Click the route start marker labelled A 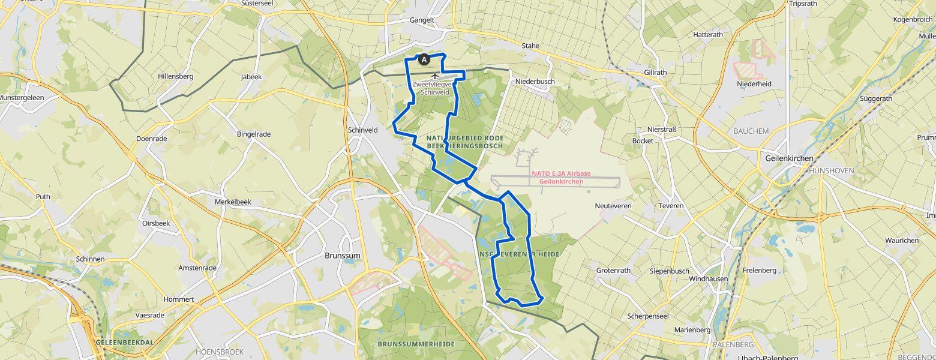click(424, 59)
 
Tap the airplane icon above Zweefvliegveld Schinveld click(436, 75)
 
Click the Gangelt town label click(421, 20)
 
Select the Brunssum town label click(342, 255)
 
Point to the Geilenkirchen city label click(788, 158)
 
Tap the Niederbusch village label click(535, 82)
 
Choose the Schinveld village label click(362, 130)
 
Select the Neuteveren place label click(613, 206)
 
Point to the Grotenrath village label click(613, 271)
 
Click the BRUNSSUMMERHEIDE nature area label click(416, 344)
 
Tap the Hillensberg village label click(175, 77)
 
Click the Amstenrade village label click(197, 268)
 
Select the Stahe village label click(530, 46)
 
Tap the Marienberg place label click(691, 330)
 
